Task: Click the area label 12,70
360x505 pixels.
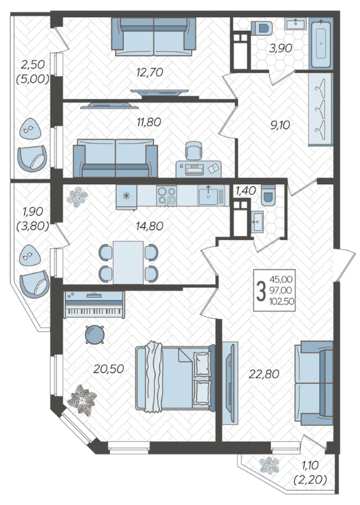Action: (x=149, y=72)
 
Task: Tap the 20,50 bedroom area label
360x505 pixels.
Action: (x=109, y=369)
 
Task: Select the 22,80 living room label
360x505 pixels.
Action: (x=264, y=374)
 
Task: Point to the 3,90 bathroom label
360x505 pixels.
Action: (x=281, y=48)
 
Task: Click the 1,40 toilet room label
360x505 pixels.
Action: (x=245, y=191)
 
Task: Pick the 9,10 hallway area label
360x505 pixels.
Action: (x=280, y=125)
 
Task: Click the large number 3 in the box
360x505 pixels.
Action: (x=261, y=290)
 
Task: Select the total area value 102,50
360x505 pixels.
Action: (x=281, y=301)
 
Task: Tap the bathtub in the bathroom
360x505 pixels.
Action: (x=321, y=43)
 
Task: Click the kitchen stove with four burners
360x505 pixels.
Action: (x=167, y=195)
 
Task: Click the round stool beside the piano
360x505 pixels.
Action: (x=95, y=334)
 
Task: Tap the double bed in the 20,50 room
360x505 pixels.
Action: (x=175, y=377)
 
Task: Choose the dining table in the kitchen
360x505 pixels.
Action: (x=128, y=262)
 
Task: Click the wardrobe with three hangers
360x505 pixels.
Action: (x=321, y=110)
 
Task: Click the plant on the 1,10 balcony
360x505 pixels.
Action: (x=269, y=465)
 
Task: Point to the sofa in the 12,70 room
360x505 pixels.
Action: (x=154, y=36)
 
